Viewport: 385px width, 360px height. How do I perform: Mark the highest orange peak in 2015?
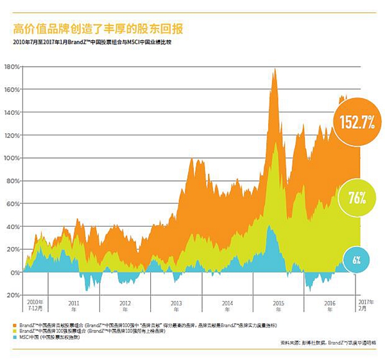click(x=275, y=69)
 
